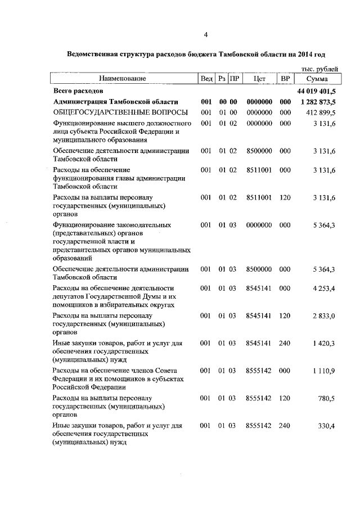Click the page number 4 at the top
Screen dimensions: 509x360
206,35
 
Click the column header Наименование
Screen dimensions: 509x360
123,79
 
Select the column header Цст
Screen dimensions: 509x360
259,79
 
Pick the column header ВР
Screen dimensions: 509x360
285,79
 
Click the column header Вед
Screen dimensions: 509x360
206,79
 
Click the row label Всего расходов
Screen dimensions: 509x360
78,91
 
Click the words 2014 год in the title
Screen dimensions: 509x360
311,55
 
